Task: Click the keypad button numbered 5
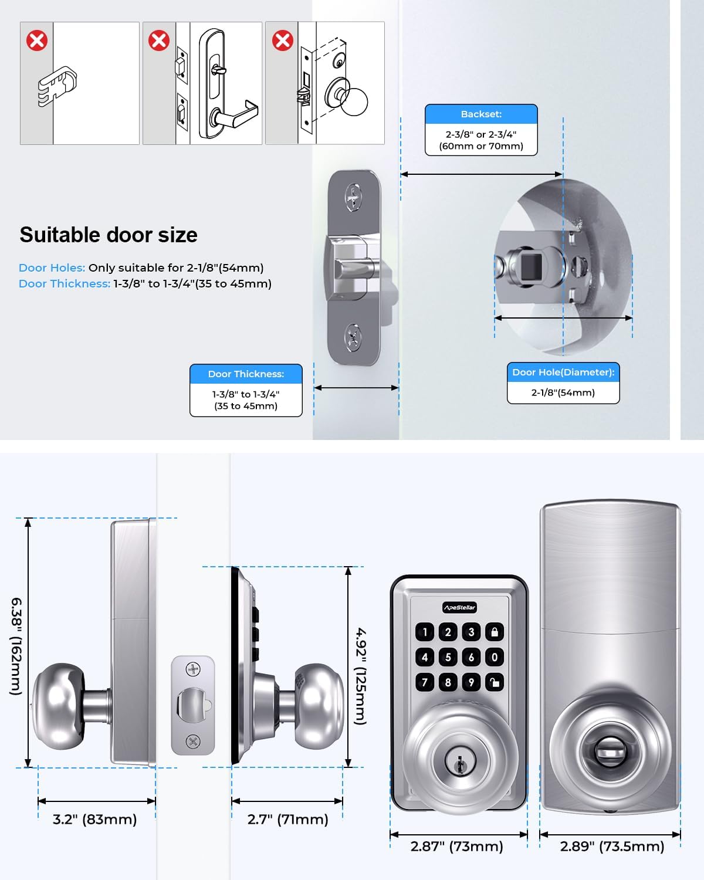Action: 448,657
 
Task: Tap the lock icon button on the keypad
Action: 495,632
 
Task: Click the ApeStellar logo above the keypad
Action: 459,607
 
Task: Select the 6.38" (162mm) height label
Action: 16,646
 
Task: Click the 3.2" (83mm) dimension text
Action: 94,819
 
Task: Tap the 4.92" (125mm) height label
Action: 361,676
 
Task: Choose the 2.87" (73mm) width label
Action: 456,846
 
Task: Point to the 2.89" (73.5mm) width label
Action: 612,846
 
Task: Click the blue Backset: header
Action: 481,114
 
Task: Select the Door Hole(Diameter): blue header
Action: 563,372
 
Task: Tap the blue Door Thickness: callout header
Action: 246,374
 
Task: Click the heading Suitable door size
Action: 109,235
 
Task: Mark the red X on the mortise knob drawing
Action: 283,40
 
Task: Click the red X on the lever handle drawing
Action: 159,40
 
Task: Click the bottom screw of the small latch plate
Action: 193,741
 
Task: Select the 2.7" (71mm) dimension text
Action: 287,819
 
